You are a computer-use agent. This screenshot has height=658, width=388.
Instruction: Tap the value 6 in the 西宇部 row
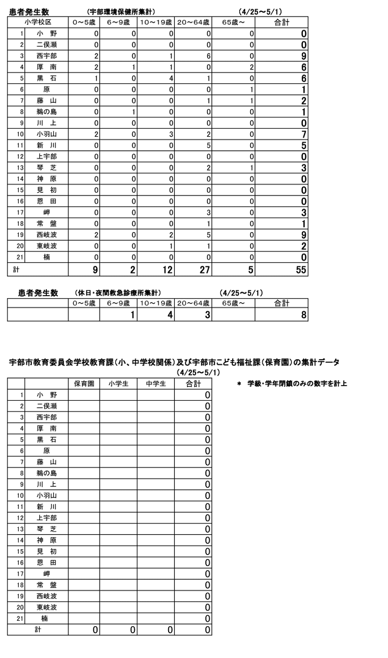click(208, 55)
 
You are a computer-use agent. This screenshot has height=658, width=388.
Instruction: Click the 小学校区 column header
click(38, 22)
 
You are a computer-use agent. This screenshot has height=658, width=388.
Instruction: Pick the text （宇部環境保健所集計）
click(121, 11)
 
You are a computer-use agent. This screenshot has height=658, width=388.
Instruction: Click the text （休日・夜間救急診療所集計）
click(118, 292)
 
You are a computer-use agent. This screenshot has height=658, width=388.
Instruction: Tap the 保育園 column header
click(84, 383)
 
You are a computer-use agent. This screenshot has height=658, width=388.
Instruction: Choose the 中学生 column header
click(156, 383)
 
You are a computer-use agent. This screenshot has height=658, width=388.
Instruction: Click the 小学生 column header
click(118, 383)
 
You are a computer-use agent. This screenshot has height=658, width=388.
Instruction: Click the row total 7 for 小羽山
click(304, 134)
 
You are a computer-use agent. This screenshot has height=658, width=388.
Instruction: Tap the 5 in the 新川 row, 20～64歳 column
click(208, 145)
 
